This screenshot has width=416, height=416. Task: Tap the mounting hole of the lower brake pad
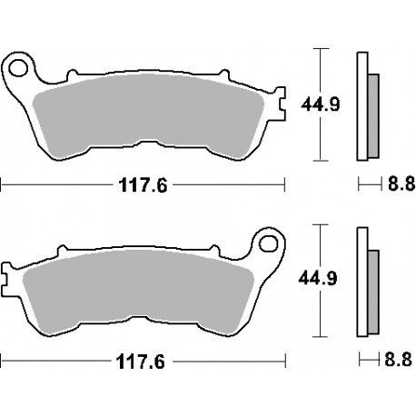tap(267, 243)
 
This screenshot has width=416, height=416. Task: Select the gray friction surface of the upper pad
tap(145, 114)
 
